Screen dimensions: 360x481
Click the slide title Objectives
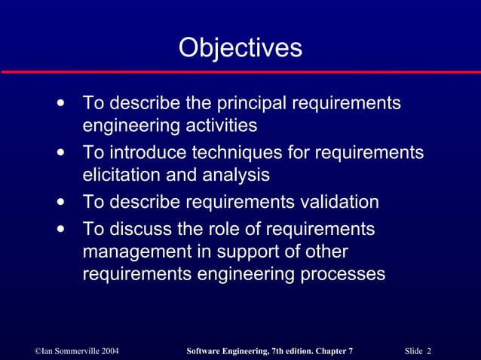[240, 47]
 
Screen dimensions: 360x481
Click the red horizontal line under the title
[240, 72]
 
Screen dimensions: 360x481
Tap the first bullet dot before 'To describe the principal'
[60, 102]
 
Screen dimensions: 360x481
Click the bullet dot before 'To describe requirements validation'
[60, 202]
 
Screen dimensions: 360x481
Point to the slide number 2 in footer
[428, 352]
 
